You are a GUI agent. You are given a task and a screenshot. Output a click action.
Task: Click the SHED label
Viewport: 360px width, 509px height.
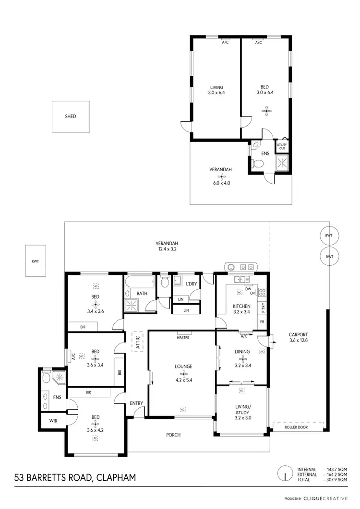pyautogui.click(x=71, y=116)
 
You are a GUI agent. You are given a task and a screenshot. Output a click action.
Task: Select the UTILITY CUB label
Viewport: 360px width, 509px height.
pyautogui.click(x=282, y=146)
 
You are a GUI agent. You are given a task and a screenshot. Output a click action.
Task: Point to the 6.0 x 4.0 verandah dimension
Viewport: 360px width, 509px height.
pyautogui.click(x=220, y=182)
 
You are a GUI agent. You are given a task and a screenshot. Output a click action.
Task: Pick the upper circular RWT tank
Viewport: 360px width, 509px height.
pyautogui.click(x=329, y=235)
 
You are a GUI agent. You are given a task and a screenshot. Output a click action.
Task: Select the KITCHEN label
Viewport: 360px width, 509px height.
pyautogui.click(x=241, y=306)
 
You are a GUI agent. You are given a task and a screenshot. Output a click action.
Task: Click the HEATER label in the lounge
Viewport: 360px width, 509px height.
pyautogui.click(x=183, y=338)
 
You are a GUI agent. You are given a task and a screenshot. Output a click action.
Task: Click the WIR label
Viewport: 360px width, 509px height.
pyautogui.click(x=53, y=421)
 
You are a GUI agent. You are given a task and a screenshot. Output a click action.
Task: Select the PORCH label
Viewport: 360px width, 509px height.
pyautogui.click(x=173, y=435)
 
